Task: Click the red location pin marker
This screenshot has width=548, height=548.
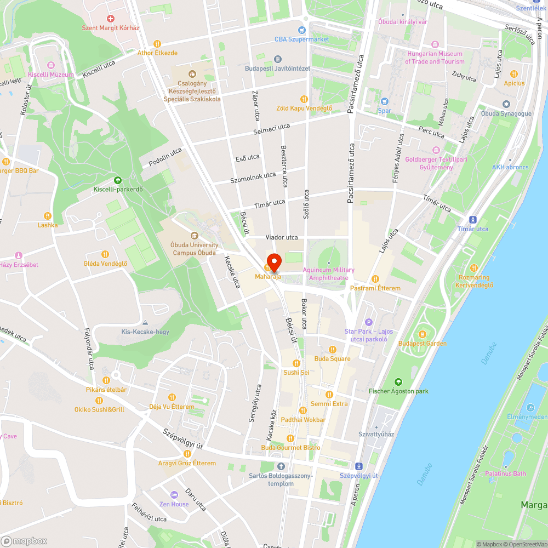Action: [273, 261]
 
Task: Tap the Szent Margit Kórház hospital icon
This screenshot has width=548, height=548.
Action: [110, 19]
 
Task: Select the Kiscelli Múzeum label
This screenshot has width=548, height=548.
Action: [50, 75]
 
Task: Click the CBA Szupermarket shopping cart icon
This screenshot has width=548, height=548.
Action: [301, 30]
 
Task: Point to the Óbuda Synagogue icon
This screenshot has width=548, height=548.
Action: [506, 104]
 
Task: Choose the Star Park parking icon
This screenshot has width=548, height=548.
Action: [369, 322]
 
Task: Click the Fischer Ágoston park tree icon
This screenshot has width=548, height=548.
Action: [398, 381]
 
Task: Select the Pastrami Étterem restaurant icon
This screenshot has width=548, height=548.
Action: [375, 278]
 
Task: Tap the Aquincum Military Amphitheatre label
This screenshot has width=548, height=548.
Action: [328, 273]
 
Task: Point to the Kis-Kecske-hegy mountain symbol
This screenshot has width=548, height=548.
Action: [145, 322]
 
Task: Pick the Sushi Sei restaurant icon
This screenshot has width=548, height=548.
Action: [296, 363]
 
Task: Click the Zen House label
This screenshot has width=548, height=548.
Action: [174, 504]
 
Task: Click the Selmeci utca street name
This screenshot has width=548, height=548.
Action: [271, 130]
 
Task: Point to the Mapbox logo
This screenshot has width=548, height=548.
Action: [24, 541]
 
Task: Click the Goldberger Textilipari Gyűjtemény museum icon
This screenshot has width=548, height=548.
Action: [436, 150]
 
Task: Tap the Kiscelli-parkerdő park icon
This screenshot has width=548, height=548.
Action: [117, 180]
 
